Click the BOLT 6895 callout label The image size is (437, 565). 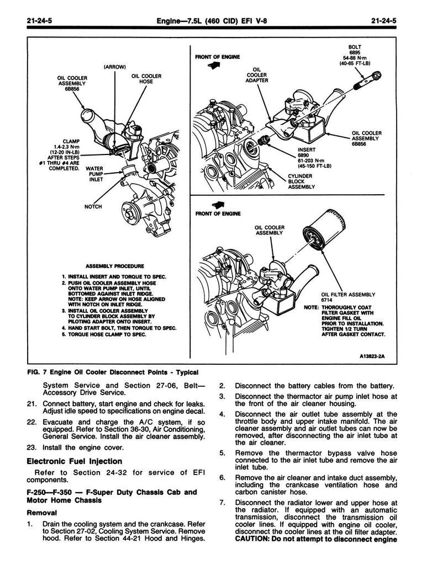355,55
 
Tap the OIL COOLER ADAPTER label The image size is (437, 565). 256,75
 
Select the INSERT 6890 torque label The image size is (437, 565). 314,158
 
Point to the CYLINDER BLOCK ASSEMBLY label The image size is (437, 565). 301,181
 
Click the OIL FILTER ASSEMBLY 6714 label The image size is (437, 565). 348,297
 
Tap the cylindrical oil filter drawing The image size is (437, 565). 321,230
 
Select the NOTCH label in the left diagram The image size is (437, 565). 93,206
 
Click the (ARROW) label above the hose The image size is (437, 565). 114,67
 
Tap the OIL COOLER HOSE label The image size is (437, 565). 146,78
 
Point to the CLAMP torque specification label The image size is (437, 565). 64,154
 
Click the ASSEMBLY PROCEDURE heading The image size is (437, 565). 115,266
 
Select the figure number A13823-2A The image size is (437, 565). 372,356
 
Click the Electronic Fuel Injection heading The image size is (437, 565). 75,461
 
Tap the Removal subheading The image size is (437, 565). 42,513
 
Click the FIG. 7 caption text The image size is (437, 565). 113,372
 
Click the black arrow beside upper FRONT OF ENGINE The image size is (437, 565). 214,65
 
